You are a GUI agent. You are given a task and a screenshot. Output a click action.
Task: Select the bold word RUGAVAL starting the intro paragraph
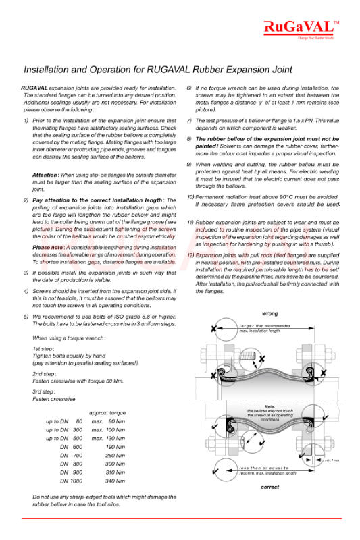(x=34, y=88)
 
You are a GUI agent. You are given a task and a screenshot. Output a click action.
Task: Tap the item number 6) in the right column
(x=190, y=88)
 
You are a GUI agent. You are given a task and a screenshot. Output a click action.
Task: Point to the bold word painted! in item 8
(x=210, y=144)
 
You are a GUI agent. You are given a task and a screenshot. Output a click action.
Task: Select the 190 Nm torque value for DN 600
(x=115, y=447)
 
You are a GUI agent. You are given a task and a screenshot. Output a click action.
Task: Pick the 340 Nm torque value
(x=115, y=481)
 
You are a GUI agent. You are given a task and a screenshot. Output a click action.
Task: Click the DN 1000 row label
(x=71, y=481)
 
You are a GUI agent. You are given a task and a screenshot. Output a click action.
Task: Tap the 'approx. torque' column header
(x=107, y=412)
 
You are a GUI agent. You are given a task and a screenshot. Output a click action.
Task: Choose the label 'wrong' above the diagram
(x=269, y=314)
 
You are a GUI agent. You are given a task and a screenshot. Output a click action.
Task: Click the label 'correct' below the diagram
(x=270, y=487)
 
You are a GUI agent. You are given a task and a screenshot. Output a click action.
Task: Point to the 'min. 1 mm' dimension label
(x=332, y=460)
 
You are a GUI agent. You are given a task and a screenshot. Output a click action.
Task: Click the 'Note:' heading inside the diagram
(x=270, y=406)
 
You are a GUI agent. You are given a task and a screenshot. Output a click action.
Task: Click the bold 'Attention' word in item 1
(x=45, y=175)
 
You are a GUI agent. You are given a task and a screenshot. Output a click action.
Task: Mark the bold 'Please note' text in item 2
(x=48, y=248)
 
